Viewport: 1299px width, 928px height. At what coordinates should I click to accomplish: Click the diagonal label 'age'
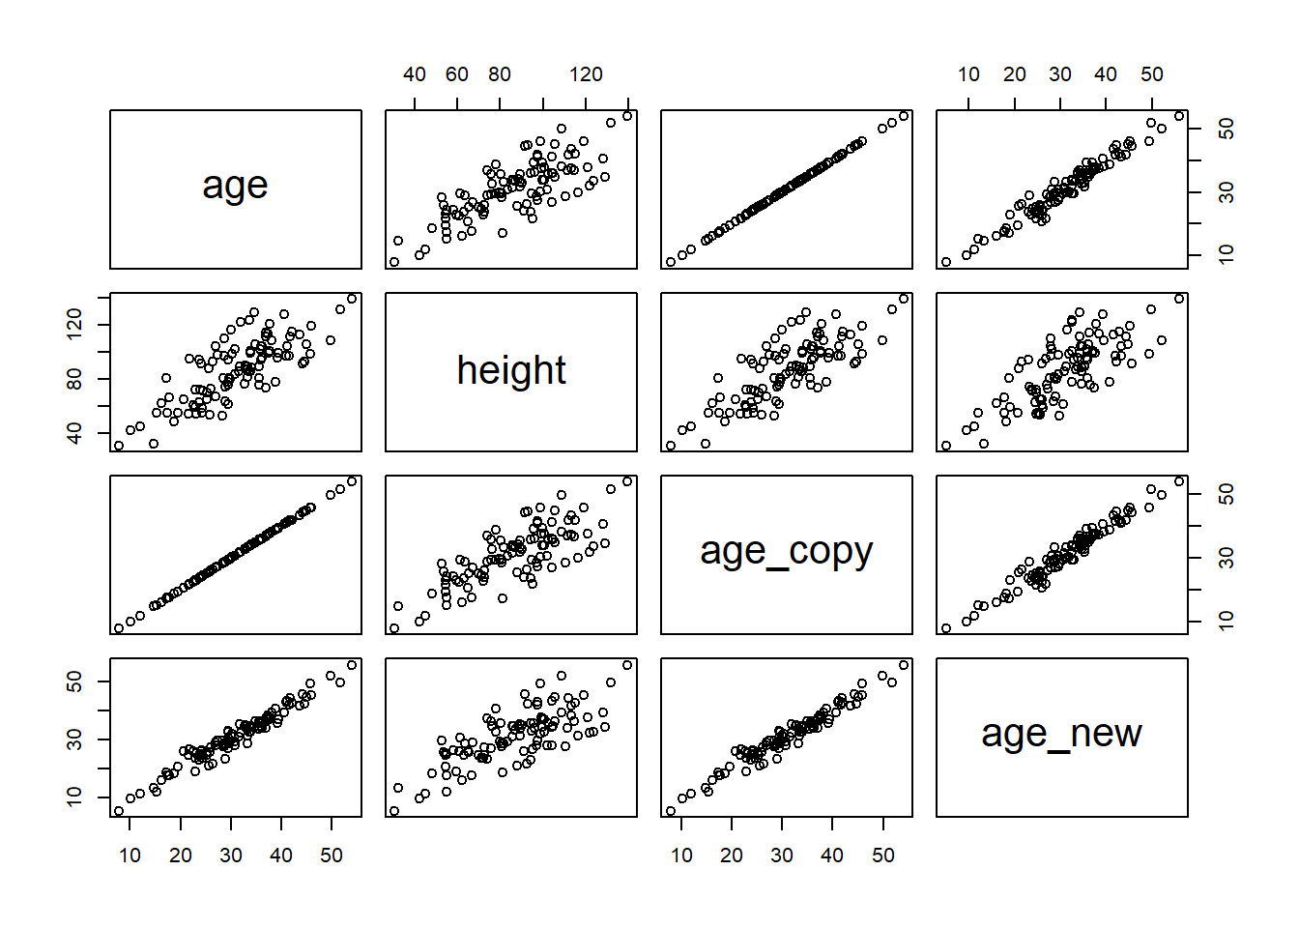[x=235, y=186]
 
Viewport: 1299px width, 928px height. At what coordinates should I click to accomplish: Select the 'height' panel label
[x=510, y=370]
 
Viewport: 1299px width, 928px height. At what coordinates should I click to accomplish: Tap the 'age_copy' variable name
[x=786, y=552]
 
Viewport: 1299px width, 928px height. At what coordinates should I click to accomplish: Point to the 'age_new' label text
[x=1061, y=734]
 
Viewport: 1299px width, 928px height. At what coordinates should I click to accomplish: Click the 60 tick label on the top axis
[x=457, y=74]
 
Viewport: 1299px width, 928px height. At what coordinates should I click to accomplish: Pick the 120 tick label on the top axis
[x=586, y=74]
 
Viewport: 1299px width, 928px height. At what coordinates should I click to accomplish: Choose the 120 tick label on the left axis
[x=74, y=325]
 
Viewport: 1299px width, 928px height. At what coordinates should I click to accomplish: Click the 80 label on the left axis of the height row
[x=74, y=379]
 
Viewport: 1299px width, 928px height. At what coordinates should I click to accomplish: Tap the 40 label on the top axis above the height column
[x=415, y=74]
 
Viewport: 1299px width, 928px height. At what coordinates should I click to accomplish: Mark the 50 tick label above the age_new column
[x=1152, y=74]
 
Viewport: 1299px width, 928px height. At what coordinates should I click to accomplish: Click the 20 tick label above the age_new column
[x=1015, y=74]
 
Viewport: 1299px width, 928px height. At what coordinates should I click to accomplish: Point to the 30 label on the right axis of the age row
[x=1226, y=192]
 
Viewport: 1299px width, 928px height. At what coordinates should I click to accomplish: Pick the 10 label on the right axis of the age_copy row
[x=1226, y=621]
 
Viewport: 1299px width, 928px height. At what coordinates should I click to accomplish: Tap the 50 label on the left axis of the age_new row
[x=74, y=682]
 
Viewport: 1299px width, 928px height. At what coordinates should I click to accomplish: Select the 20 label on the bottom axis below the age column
[x=181, y=855]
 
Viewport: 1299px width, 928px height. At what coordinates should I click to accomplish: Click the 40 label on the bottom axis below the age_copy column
[x=832, y=855]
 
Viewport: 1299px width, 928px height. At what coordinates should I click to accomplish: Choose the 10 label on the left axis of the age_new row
[x=74, y=797]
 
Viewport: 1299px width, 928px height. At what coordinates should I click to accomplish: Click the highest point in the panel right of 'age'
[x=627, y=116]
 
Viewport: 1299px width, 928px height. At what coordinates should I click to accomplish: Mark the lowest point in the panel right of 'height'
[x=671, y=446]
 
